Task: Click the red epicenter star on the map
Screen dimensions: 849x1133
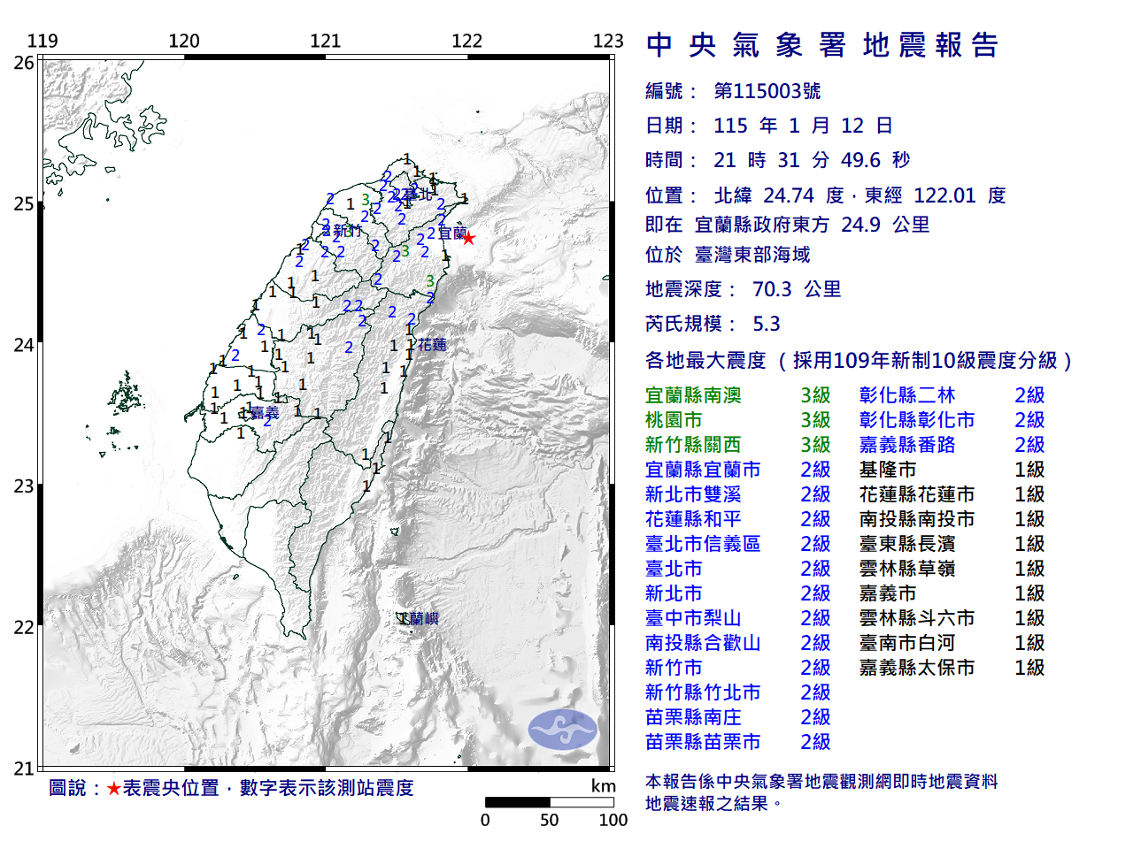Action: pyautogui.click(x=468, y=238)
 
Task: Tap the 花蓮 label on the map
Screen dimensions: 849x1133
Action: pyautogui.click(x=432, y=345)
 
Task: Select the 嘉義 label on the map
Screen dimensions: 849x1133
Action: pyautogui.click(x=264, y=413)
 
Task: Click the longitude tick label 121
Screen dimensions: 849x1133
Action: pyautogui.click(x=325, y=41)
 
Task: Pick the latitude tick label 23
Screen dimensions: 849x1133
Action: pyautogui.click(x=24, y=486)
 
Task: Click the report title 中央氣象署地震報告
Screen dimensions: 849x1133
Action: pyautogui.click(x=822, y=45)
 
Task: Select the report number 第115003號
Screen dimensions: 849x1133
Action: pyautogui.click(x=767, y=91)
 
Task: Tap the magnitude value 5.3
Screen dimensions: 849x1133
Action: pyautogui.click(x=767, y=324)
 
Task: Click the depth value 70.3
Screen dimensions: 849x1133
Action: pyautogui.click(x=772, y=289)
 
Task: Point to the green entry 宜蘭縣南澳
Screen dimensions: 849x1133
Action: pyautogui.click(x=693, y=395)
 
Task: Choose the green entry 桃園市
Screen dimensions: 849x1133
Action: pyautogui.click(x=674, y=420)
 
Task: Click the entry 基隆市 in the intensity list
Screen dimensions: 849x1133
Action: pyautogui.click(x=887, y=470)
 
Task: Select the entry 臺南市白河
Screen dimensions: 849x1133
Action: pyautogui.click(x=906, y=643)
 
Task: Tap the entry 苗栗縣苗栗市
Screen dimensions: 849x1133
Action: pyautogui.click(x=703, y=742)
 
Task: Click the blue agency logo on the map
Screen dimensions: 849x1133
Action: pyautogui.click(x=562, y=730)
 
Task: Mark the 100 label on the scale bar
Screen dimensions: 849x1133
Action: pyautogui.click(x=613, y=820)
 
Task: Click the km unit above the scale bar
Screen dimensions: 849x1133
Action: pyautogui.click(x=603, y=786)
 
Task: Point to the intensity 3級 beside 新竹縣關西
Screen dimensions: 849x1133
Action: pyautogui.click(x=815, y=445)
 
